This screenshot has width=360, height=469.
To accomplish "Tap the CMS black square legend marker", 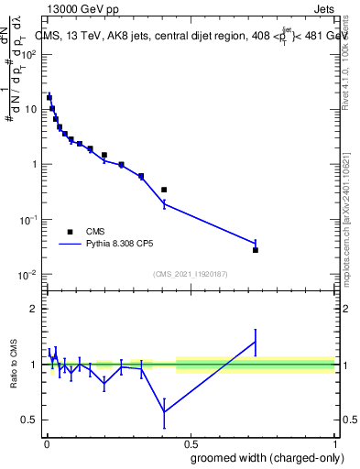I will pyautogui.click(x=70, y=232).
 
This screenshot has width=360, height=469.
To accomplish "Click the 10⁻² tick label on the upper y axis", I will pyautogui.click(x=28, y=275).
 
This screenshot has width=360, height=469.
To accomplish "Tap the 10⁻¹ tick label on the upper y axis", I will pyautogui.click(x=28, y=220).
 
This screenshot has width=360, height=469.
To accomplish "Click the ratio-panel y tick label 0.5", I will pyautogui.click(x=30, y=420).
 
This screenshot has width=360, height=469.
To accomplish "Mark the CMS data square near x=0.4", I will pyautogui.click(x=164, y=190).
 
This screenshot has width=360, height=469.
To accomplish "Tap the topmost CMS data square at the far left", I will pyautogui.click(x=49, y=97).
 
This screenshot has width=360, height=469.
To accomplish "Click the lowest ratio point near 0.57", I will pyautogui.click(x=164, y=411).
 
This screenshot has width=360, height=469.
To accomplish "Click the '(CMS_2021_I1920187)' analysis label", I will pyautogui.click(x=190, y=274).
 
